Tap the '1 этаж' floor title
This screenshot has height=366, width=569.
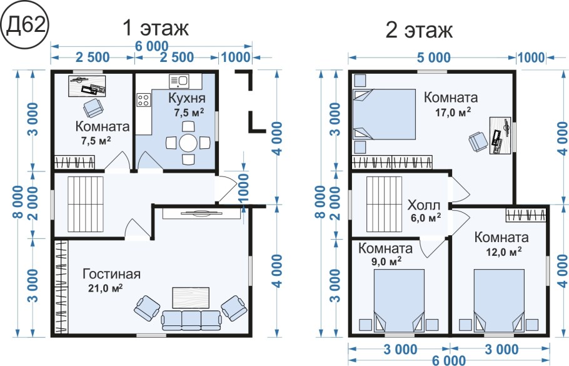[156, 28]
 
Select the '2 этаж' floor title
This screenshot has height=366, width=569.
[419, 30]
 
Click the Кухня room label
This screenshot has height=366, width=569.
[187, 98]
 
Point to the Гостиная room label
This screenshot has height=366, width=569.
[111, 274]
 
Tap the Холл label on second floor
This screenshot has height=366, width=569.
[423, 205]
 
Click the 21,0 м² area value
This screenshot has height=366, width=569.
[105, 288]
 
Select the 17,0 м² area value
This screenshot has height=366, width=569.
[453, 112]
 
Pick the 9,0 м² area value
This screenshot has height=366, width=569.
[386, 262]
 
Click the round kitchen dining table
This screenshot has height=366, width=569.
[188, 143]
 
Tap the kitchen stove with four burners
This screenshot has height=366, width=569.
[143, 100]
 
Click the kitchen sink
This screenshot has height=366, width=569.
[178, 81]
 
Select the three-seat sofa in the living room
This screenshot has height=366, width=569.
[191, 320]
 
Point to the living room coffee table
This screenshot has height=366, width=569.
[191, 297]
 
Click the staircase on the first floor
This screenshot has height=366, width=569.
[86, 204]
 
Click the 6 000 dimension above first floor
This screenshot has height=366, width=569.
[152, 46]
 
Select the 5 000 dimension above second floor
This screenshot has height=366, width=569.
[433, 57]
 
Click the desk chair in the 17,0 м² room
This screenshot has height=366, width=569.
[478, 141]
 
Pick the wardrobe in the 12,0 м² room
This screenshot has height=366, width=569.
[526, 215]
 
